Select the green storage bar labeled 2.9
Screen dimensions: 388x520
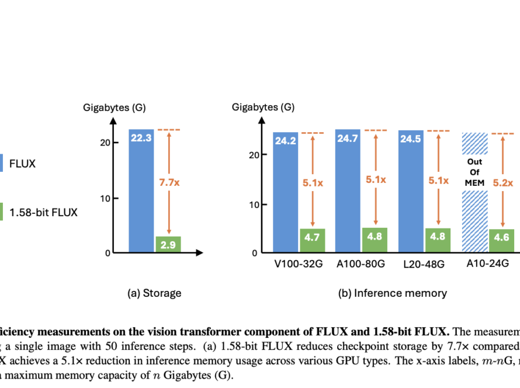(x=168, y=244)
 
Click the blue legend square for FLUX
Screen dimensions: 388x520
(x=2, y=164)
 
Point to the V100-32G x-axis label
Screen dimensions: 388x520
(x=286, y=264)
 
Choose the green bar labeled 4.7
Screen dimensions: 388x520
(x=312, y=241)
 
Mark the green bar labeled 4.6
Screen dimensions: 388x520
(x=501, y=241)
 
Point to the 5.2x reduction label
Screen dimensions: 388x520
(x=502, y=183)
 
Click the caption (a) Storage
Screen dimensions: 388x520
(x=154, y=293)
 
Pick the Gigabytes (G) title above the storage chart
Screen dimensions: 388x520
(x=107, y=107)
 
